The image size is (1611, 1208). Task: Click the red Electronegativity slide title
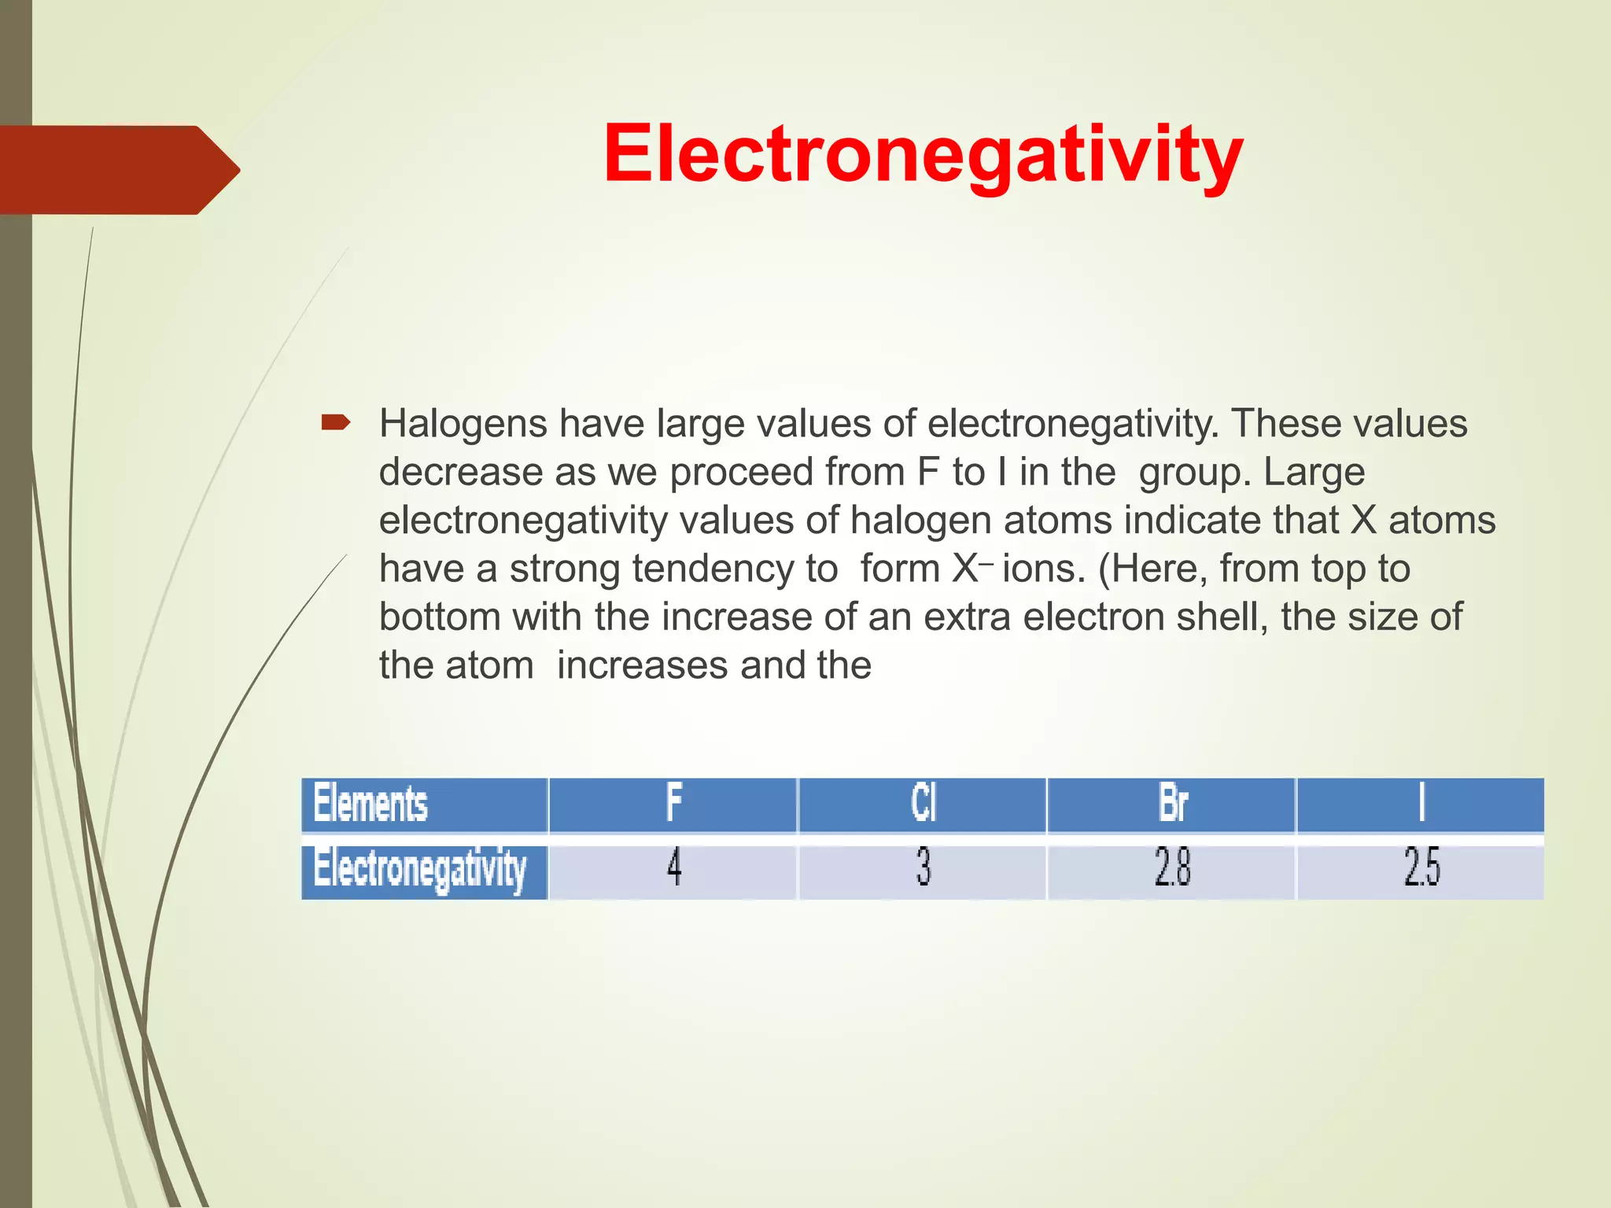(x=923, y=155)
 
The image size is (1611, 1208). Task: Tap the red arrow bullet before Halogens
(x=336, y=424)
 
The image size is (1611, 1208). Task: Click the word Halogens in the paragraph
(x=463, y=424)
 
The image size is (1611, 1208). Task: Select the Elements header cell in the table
(x=425, y=804)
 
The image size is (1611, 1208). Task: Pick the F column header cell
(x=673, y=804)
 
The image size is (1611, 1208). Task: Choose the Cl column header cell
(x=923, y=804)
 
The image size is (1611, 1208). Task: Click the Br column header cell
(x=1172, y=804)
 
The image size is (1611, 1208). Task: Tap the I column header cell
(x=1421, y=804)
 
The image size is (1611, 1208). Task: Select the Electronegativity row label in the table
(x=425, y=870)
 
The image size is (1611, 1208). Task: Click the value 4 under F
(x=673, y=868)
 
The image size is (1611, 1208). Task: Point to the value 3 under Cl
(x=923, y=868)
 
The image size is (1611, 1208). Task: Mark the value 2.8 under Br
(x=1172, y=868)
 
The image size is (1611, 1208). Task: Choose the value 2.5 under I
(x=1421, y=868)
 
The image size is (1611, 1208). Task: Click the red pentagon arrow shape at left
(x=118, y=170)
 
